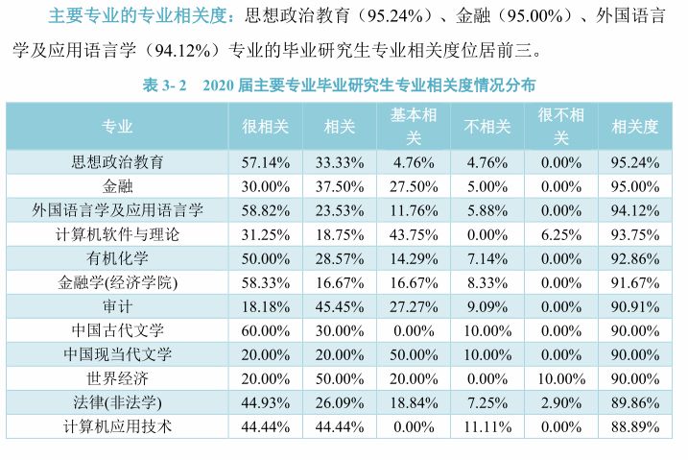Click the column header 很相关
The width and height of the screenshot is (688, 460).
point(266,127)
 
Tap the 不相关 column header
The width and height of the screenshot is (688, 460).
point(487,127)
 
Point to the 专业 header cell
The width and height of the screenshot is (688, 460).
point(117,127)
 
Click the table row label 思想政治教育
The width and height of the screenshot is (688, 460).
point(117,161)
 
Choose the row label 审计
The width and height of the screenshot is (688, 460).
point(117,305)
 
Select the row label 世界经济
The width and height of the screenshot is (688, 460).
point(117,377)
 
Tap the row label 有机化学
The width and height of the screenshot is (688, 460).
point(117,257)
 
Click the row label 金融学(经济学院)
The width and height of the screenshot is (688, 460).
point(117,281)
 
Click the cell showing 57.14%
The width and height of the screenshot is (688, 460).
point(266,161)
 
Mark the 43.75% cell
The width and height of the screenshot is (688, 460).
point(414,233)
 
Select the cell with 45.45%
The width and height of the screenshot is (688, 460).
point(340,305)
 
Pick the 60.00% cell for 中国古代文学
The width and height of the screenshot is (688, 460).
point(266,329)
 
